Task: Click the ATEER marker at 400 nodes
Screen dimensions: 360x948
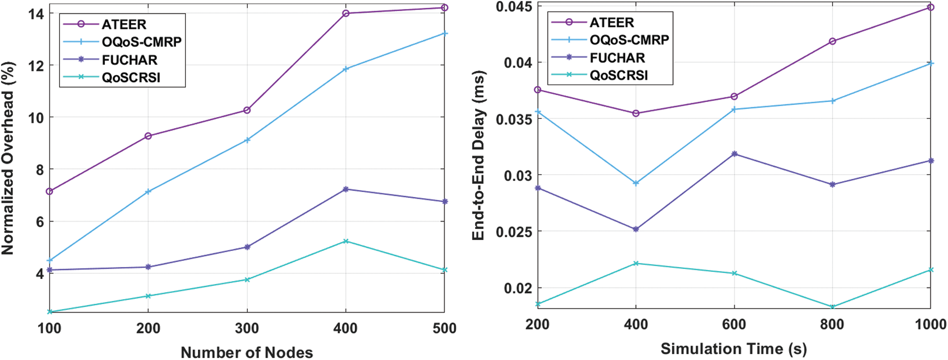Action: [x=346, y=13]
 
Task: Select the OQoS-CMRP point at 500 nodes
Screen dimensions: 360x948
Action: [x=445, y=33]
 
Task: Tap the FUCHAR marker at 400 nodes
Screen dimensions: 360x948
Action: [x=346, y=189]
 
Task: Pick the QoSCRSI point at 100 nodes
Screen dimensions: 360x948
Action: [x=50, y=312]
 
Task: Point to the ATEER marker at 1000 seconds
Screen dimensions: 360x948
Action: [x=931, y=7]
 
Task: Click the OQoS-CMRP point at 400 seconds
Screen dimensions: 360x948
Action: [x=636, y=183]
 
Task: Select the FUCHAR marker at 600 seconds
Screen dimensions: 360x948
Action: [x=734, y=154]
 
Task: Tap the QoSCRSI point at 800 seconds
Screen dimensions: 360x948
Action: [x=833, y=307]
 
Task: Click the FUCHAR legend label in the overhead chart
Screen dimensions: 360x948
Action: [x=129, y=60]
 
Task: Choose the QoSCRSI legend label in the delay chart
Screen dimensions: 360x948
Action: [x=619, y=75]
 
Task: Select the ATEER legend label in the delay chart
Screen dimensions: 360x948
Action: [x=612, y=22]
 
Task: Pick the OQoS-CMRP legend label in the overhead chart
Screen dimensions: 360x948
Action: [x=141, y=42]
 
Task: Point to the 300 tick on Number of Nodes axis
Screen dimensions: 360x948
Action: [x=247, y=328]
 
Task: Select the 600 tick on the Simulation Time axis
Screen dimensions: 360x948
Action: [x=734, y=324]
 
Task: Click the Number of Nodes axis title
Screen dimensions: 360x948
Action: [x=247, y=352]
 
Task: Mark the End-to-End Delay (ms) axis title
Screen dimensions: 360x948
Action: [x=478, y=156]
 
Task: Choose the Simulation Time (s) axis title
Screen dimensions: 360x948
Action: [x=734, y=348]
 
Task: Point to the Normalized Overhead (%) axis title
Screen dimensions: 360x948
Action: [x=8, y=158]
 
